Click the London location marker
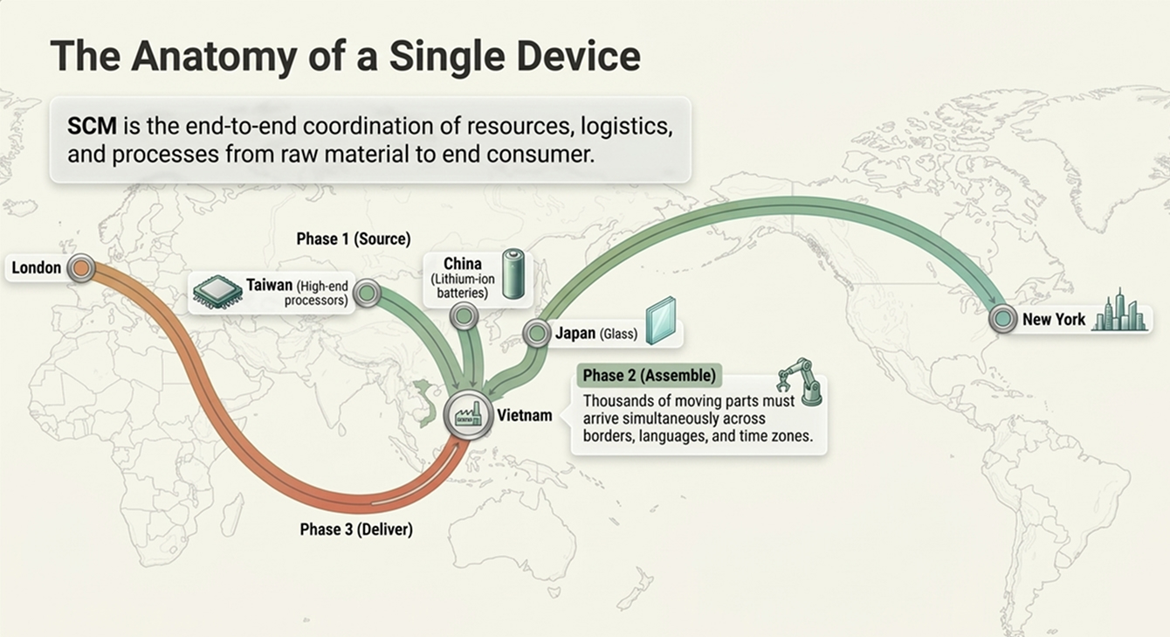(x=81, y=268)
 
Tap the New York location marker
(x=1003, y=318)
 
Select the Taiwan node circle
(x=368, y=293)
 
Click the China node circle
(x=464, y=315)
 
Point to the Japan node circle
(x=536, y=333)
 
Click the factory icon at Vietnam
(x=469, y=415)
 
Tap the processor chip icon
(x=217, y=292)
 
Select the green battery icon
(x=513, y=273)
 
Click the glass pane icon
(x=661, y=321)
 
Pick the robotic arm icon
(x=800, y=382)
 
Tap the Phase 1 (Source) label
(x=354, y=239)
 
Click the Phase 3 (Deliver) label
(x=356, y=530)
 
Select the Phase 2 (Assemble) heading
(x=650, y=375)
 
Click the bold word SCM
(x=92, y=127)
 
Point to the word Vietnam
(x=525, y=415)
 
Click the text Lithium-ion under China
(x=463, y=279)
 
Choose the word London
(x=36, y=268)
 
